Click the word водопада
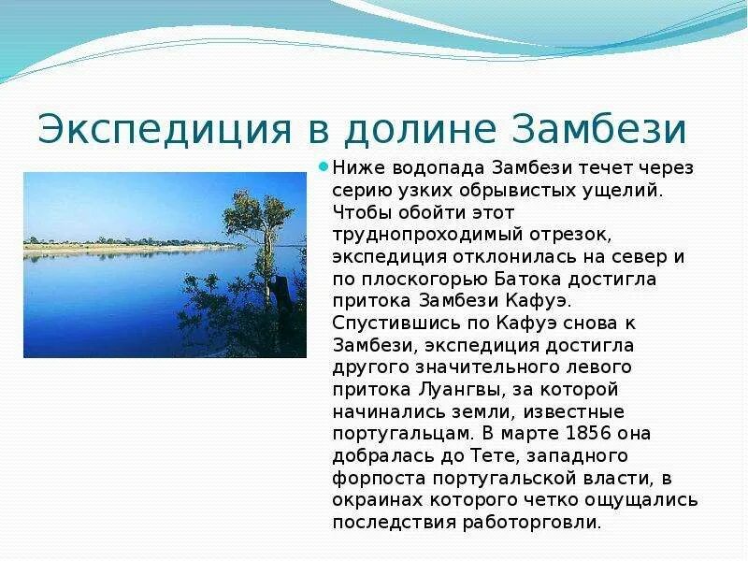point(431,167)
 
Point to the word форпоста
point(374,478)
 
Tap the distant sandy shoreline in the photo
point(122,250)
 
